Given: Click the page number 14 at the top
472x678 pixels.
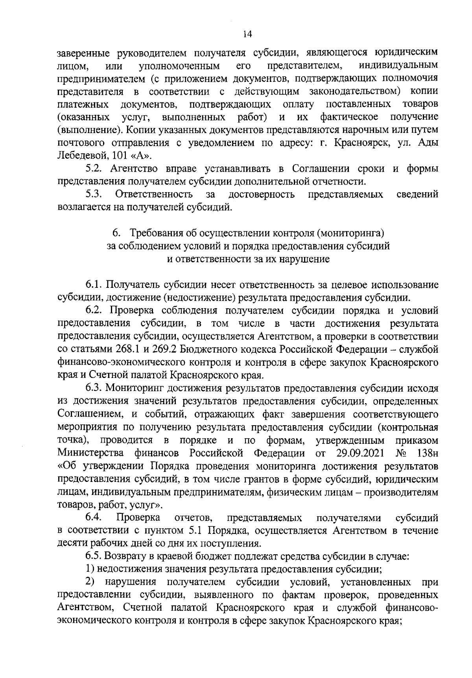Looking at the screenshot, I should [x=247, y=34].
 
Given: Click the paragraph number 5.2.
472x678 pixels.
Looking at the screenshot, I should [x=94, y=169].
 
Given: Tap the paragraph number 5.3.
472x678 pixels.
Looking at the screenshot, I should [x=94, y=194].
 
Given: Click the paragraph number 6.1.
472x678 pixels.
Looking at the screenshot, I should [x=94, y=285].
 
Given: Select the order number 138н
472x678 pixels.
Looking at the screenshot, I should [x=428, y=452].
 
